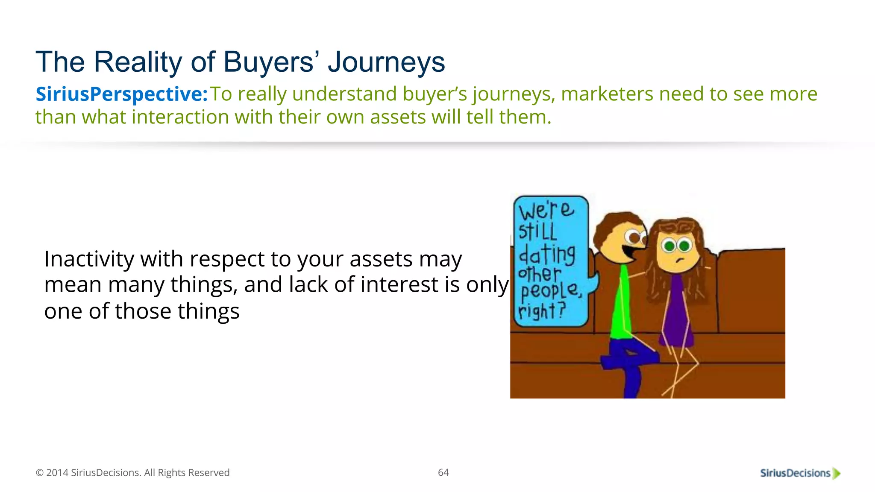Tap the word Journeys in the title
[386, 62]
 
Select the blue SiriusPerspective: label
[121, 94]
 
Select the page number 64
[443, 472]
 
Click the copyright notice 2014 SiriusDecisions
[132, 473]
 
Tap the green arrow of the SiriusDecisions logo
[837, 473]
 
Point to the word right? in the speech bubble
[542, 310]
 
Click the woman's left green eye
[669, 246]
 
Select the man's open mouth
[629, 252]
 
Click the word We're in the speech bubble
[546, 211]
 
